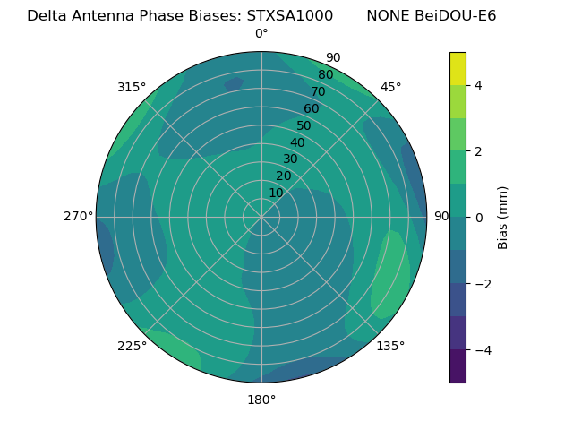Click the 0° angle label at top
(x=261, y=34)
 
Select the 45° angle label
(x=390, y=87)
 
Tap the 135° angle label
(x=390, y=346)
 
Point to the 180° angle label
(x=261, y=400)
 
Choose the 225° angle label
(x=132, y=346)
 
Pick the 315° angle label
(x=132, y=87)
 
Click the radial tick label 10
(x=276, y=193)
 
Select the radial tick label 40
(x=297, y=143)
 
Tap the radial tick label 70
(x=318, y=91)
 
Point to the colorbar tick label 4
(x=479, y=85)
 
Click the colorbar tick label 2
(x=479, y=151)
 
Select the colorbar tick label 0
(x=479, y=218)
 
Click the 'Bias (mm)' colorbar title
(x=503, y=218)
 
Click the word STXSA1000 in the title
(x=290, y=16)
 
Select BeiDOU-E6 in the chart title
(x=456, y=16)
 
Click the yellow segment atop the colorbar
(x=458, y=69)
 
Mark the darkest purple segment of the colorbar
(x=458, y=365)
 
